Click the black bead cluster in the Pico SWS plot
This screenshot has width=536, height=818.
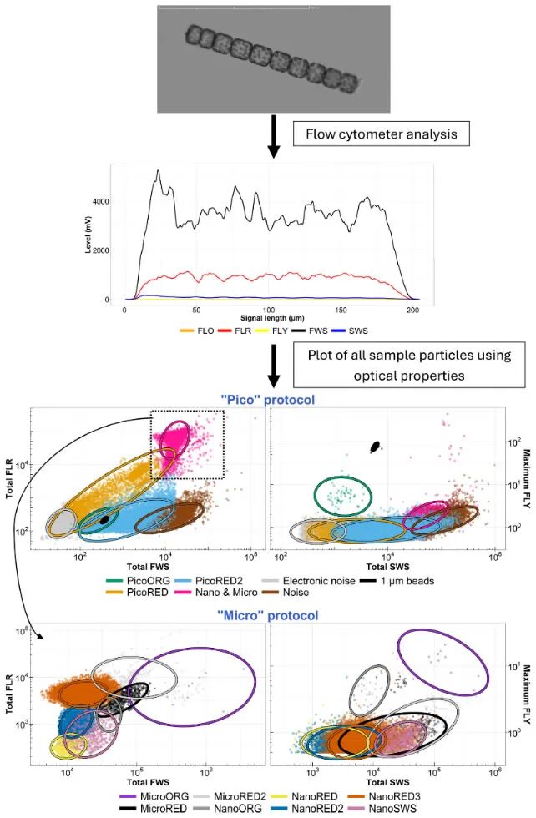click(x=375, y=447)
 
